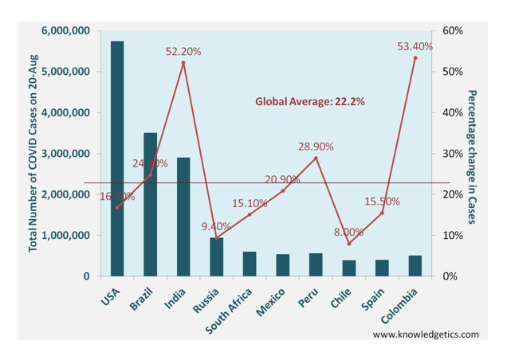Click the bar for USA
pyautogui.click(x=117, y=159)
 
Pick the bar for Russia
pyautogui.click(x=216, y=256)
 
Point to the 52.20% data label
pyautogui.click(x=183, y=52)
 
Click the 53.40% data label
pyautogui.click(x=415, y=47)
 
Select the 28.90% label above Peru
pyautogui.click(x=316, y=147)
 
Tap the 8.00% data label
pyautogui.click(x=348, y=233)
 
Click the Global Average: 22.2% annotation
pyautogui.click(x=310, y=101)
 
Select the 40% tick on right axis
pyautogui.click(x=453, y=113)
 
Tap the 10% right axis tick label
pyautogui.click(x=453, y=236)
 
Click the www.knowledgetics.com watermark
pyautogui.click(x=426, y=335)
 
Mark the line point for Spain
pyautogui.click(x=382, y=213)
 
